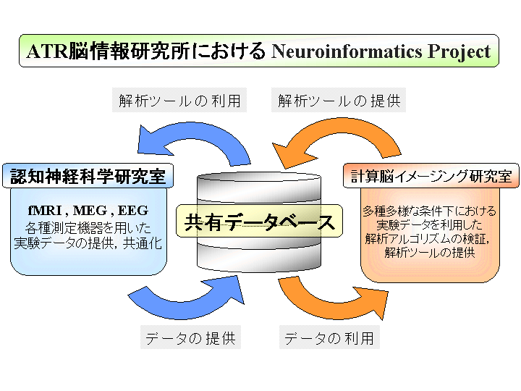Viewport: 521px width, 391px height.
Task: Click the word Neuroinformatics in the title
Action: point(347,51)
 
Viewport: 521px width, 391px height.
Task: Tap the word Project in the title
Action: point(459,52)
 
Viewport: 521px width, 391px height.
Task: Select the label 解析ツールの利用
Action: point(179,101)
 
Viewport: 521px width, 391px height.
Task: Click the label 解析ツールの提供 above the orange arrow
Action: point(339,101)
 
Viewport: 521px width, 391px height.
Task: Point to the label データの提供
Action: point(190,338)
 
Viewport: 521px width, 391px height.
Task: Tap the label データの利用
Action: point(329,338)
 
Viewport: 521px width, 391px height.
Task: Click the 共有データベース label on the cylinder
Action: point(259,222)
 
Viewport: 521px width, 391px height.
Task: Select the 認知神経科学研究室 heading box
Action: point(88,176)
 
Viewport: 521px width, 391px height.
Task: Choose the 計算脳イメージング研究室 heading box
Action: point(431,175)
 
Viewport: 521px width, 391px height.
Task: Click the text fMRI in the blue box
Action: point(45,211)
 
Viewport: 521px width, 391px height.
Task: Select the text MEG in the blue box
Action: point(90,211)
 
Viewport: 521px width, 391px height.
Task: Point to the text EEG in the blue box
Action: point(133,211)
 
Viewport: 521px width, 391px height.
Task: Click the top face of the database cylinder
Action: point(259,177)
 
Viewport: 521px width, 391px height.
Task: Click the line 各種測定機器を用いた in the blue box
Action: point(88,228)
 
